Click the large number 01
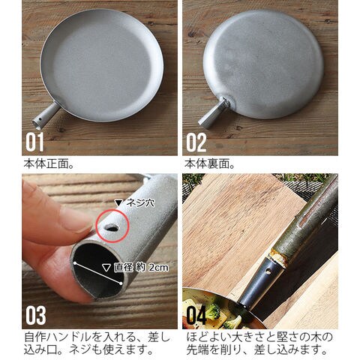click(x=34, y=142)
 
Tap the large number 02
click(x=196, y=142)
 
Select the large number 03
click(x=36, y=315)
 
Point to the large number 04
click(x=196, y=315)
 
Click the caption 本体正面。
click(x=49, y=164)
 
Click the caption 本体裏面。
click(x=209, y=164)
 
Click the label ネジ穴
click(x=140, y=202)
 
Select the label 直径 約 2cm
click(x=141, y=268)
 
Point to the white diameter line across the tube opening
click(x=97, y=273)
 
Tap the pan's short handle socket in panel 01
click(x=46, y=115)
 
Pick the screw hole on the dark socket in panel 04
click(x=268, y=271)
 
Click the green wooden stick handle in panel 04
click(x=307, y=220)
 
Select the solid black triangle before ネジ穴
click(x=119, y=202)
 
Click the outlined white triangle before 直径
click(x=106, y=268)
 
